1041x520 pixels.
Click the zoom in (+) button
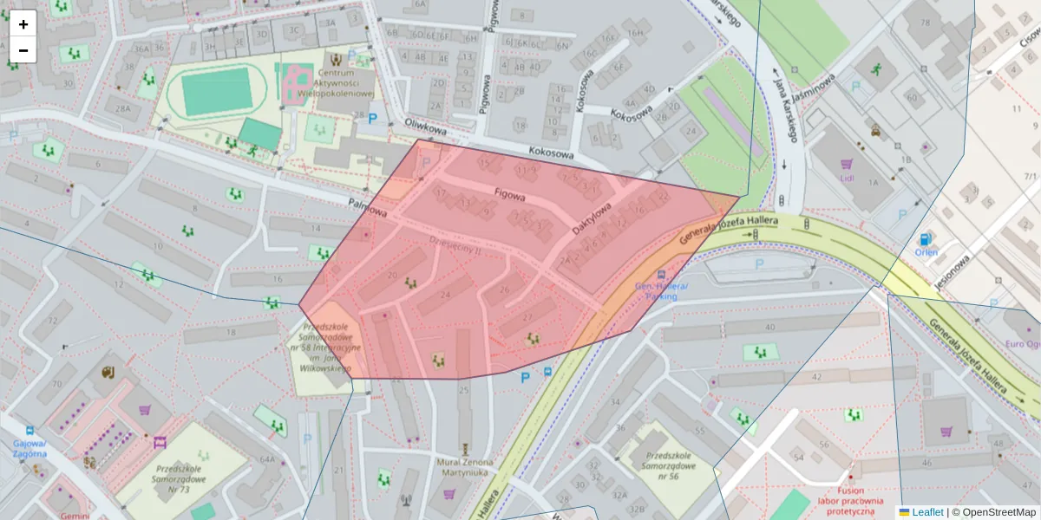[x=23, y=24]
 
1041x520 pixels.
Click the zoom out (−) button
[x=23, y=50]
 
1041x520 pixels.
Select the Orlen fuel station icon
[x=926, y=238]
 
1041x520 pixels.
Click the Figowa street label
[x=510, y=195]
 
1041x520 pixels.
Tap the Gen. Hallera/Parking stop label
[x=661, y=291]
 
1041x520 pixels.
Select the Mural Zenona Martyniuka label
[x=467, y=468]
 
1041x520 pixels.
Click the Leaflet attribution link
[x=926, y=512]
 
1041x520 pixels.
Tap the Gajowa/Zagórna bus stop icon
[x=31, y=431]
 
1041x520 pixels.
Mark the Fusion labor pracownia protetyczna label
[x=851, y=497]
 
